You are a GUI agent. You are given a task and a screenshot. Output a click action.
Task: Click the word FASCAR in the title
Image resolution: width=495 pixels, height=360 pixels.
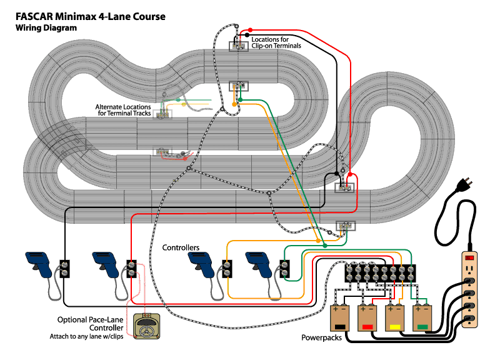point(34,16)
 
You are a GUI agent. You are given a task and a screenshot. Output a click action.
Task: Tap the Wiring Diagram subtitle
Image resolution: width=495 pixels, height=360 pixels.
point(46,27)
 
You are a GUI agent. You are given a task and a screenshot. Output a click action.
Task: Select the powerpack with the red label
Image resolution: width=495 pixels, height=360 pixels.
point(367,317)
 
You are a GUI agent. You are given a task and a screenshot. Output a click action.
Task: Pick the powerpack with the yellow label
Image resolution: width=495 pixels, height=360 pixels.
point(394,317)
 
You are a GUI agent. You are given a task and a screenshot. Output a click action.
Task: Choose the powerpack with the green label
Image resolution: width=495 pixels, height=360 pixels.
point(422,317)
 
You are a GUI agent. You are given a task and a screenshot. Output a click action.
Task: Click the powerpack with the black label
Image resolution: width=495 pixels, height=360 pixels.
point(339,317)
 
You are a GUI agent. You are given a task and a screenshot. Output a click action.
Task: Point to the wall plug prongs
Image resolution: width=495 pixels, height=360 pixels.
point(468,181)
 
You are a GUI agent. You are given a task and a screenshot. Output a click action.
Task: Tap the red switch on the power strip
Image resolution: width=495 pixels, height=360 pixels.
point(469,257)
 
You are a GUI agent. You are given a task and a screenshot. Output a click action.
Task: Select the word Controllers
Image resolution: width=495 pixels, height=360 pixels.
point(181,247)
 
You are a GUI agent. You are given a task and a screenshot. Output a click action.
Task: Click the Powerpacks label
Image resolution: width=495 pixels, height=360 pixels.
point(321,337)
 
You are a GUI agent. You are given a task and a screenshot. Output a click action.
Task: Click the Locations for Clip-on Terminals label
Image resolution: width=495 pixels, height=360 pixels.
point(276,42)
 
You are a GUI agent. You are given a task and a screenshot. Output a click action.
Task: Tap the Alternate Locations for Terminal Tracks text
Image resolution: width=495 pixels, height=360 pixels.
point(123,110)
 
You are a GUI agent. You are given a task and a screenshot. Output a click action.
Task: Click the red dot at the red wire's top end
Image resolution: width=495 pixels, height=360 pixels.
point(250,30)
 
